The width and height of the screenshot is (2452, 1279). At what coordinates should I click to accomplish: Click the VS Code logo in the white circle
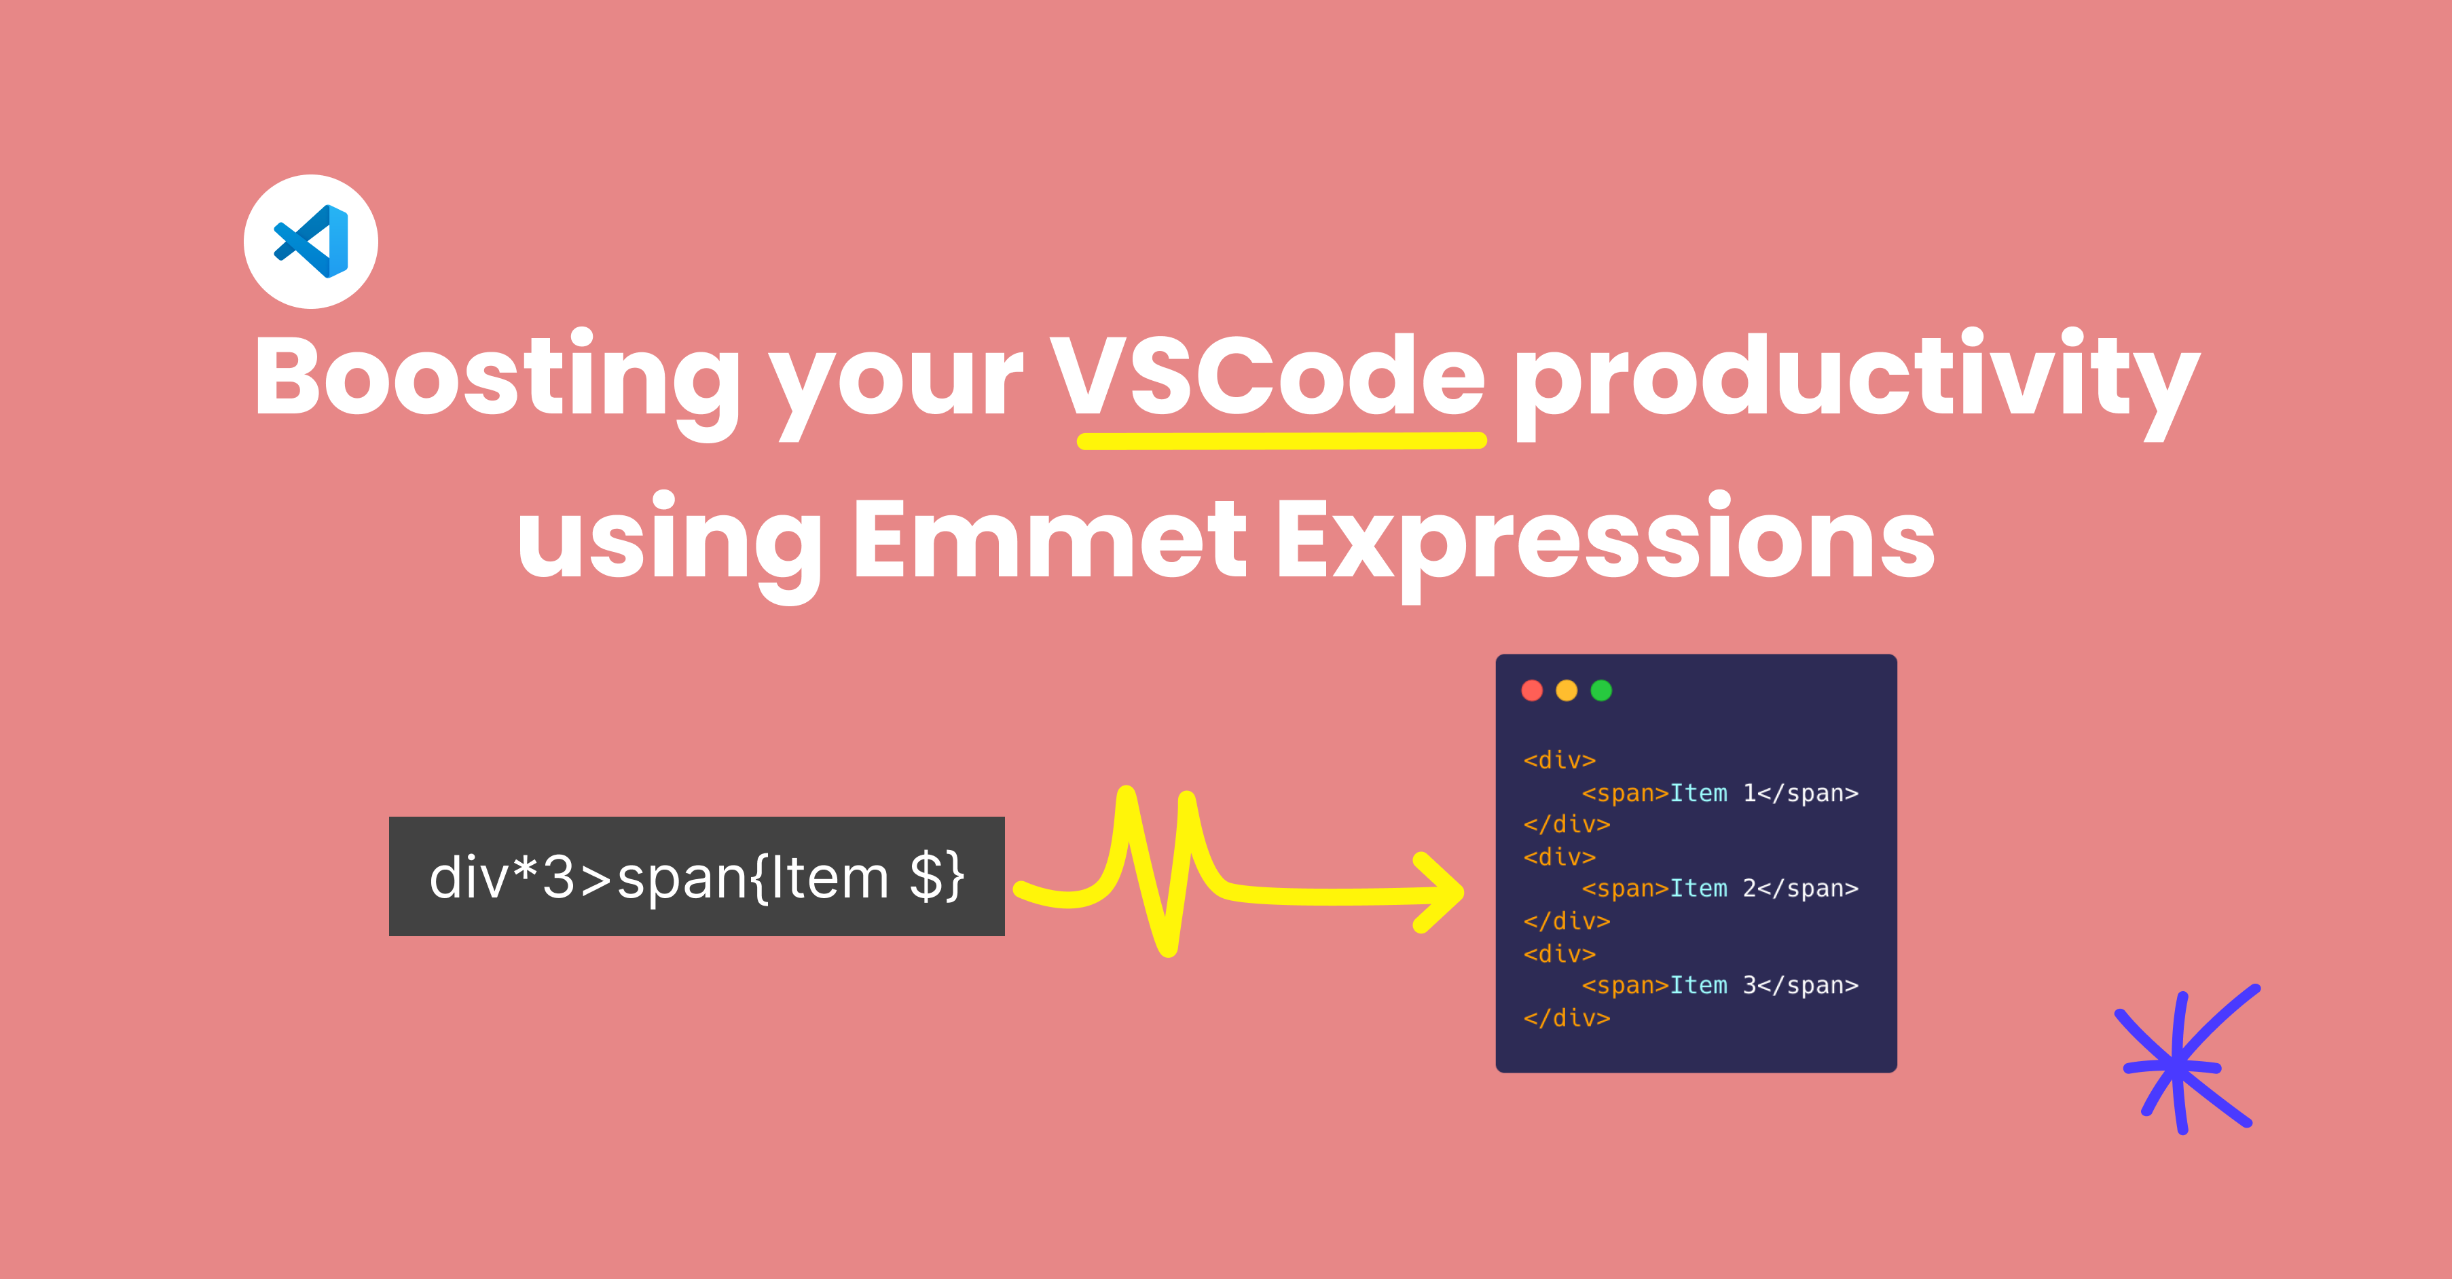[x=311, y=241]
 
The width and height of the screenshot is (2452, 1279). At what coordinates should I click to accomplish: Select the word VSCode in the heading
[x=1267, y=376]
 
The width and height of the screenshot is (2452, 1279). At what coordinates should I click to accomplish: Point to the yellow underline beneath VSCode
[x=1281, y=441]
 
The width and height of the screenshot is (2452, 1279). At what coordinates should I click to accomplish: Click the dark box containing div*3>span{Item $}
[x=697, y=876]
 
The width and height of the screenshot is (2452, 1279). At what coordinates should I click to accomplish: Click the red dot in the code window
[x=1531, y=690]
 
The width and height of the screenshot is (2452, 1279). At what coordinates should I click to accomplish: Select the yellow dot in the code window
[x=1567, y=690]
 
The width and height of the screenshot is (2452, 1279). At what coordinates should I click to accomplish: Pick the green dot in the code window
[x=1601, y=690]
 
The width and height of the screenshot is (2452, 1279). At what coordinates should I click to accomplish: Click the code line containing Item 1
[x=1720, y=793]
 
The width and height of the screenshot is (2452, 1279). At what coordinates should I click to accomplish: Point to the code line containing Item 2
[x=1720, y=888]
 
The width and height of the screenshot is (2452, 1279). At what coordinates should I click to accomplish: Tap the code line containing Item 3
[x=1720, y=985]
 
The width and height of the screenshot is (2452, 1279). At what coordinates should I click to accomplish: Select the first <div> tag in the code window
[x=1559, y=760]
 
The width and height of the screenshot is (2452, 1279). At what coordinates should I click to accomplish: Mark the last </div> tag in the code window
[x=1567, y=1018]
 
